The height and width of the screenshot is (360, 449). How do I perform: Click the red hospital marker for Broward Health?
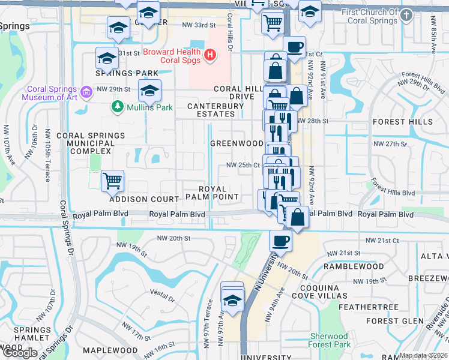pos(209,56)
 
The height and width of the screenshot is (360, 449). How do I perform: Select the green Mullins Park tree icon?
pos(118,107)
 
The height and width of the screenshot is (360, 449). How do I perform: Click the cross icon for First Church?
pos(406,15)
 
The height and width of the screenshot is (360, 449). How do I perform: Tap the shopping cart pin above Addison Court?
pos(112,180)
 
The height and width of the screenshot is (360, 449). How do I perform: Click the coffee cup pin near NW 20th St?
pos(280,242)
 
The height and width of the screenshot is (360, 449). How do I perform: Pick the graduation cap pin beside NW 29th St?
pos(149,92)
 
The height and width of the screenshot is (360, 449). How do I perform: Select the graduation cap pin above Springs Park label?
pos(107,58)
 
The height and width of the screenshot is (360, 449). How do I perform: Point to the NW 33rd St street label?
pos(198,26)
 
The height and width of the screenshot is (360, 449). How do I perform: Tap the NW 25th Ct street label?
pos(243,165)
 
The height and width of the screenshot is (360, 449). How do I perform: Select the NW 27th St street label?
pos(390,144)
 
